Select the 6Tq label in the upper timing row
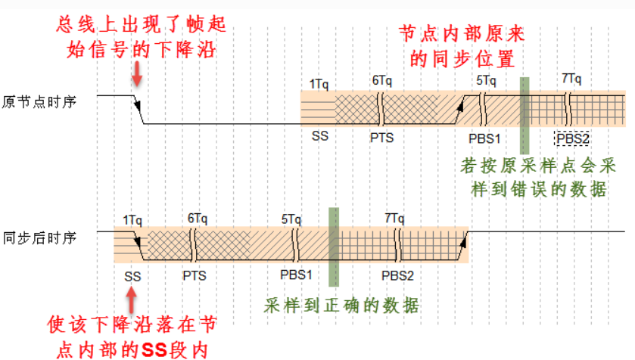coord(383,79)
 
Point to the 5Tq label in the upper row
coord(487,79)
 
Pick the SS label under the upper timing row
coord(319,137)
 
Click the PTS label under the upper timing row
coord(381,138)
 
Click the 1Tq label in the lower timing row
coord(132,219)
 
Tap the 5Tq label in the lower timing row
coord(291,219)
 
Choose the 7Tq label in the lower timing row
coord(393,218)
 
